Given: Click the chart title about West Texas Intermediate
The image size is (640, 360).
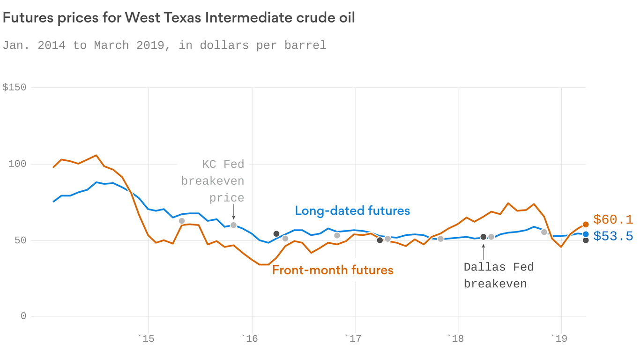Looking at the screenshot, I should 179,18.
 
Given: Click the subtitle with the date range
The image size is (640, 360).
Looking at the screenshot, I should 164,45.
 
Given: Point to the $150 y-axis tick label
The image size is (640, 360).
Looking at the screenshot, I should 14,88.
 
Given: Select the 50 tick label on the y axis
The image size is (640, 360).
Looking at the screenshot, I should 20,240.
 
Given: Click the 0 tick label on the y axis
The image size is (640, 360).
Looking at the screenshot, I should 23,316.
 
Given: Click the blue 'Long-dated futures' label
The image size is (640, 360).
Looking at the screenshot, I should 352,211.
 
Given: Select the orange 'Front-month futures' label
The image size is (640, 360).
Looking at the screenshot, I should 333,270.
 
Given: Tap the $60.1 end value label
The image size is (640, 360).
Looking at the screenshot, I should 613,219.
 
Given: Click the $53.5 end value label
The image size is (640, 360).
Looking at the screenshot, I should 613,236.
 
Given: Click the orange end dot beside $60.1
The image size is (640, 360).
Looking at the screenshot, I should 586,225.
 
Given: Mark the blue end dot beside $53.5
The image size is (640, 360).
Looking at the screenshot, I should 586,234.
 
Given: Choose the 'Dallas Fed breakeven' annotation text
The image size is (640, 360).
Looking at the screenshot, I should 499,275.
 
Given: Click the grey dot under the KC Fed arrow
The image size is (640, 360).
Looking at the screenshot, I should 233,225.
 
